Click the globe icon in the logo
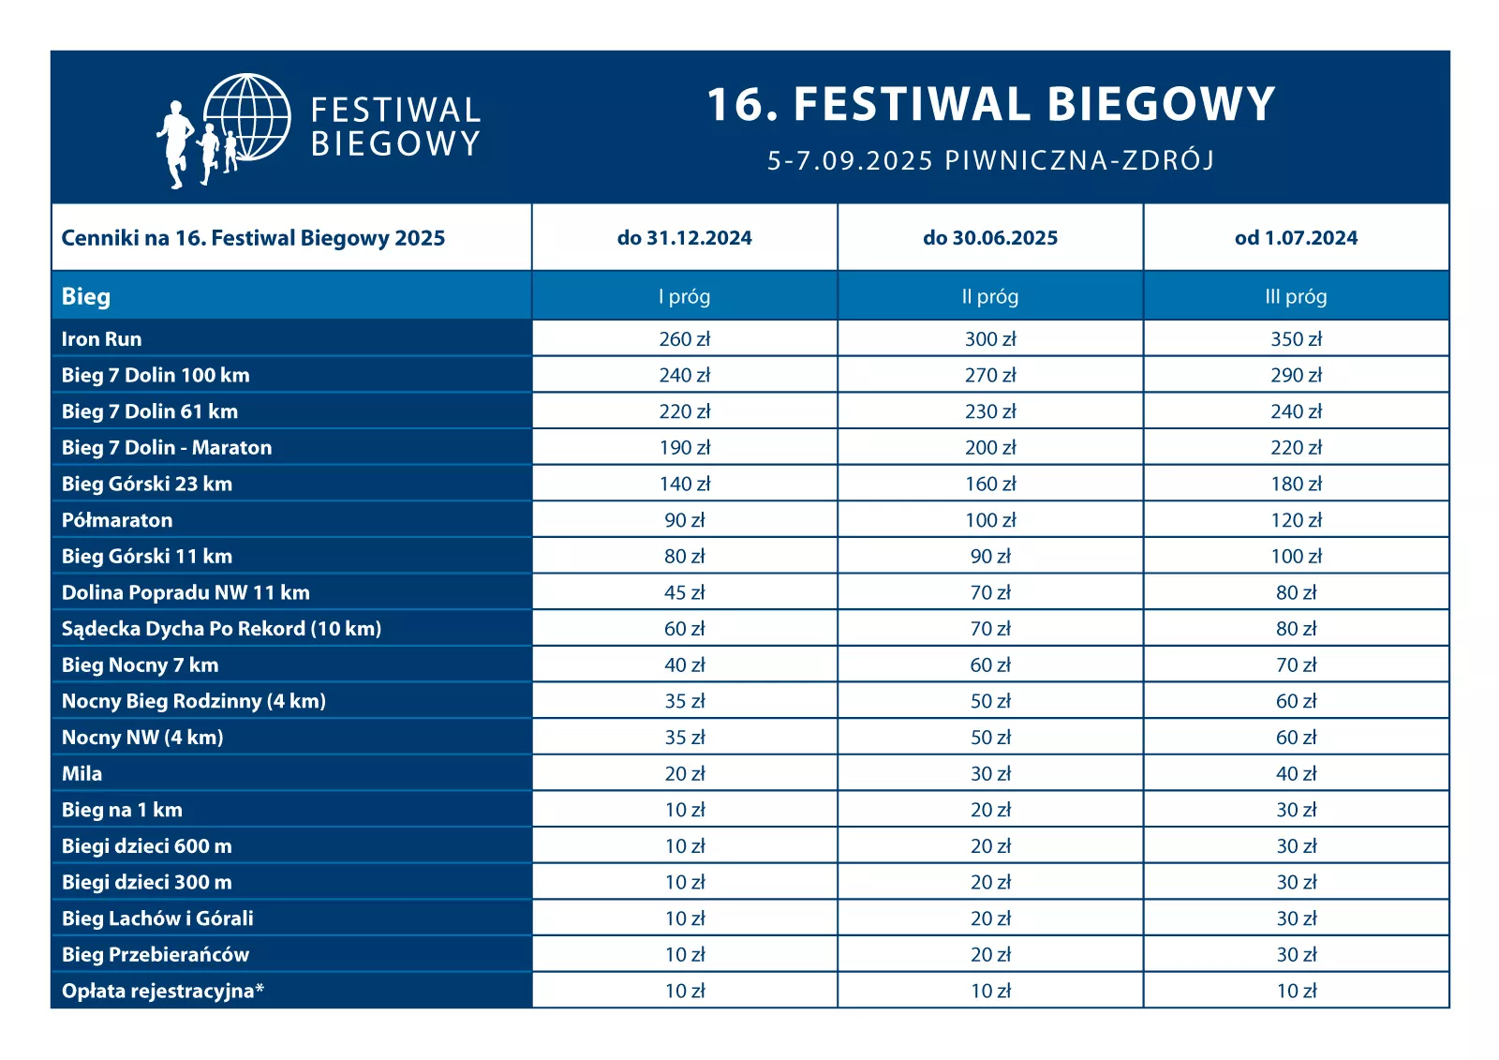tap(248, 116)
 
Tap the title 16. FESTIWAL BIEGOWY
tap(990, 104)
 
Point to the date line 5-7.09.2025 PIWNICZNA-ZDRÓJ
tap(990, 160)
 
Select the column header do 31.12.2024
tap(684, 238)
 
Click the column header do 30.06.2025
tap(990, 238)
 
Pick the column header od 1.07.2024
tap(1296, 238)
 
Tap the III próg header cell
tap(1296, 297)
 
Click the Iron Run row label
tap(102, 339)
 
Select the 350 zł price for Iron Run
tap(1296, 339)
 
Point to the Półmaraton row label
tap(117, 520)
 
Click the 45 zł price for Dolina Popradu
tap(684, 592)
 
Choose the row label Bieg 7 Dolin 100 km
tap(156, 376)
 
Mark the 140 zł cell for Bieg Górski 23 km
tap(684, 484)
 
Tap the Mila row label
tap(82, 774)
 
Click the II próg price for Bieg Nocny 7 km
tap(990, 665)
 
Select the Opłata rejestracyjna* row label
tap(163, 992)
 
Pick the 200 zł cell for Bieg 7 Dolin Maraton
tap(990, 448)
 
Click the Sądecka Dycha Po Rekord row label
tap(221, 629)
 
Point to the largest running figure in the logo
tap(174, 145)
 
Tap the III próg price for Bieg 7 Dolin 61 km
tap(1296, 411)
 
